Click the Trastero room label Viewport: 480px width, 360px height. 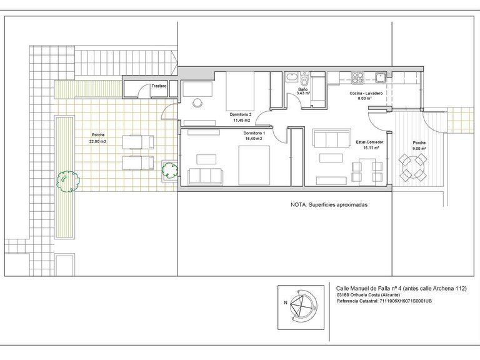[159, 86]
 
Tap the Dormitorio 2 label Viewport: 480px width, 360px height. [241, 114]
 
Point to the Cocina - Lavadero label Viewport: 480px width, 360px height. [366, 93]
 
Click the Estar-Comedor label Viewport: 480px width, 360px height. [369, 142]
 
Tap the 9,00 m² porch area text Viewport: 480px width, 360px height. [419, 149]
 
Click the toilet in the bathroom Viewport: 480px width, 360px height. [304, 79]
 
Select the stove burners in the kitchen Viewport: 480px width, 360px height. [357, 77]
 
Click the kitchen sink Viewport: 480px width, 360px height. [381, 77]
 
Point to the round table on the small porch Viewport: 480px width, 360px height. [413, 167]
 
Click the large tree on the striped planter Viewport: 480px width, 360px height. [68, 181]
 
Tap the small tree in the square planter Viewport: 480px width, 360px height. [169, 171]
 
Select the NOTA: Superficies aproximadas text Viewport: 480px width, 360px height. [329, 205]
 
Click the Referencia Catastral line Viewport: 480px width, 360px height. [384, 301]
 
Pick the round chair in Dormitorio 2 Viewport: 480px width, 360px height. [198, 102]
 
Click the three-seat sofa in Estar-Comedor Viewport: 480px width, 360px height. [331, 138]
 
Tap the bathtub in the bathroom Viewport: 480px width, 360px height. [291, 77]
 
